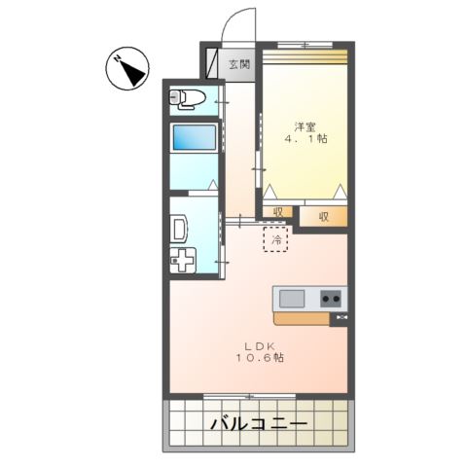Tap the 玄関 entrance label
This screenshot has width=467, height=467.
click(x=238, y=65)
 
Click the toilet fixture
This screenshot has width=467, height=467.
click(x=188, y=97)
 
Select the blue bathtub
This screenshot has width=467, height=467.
click(x=196, y=137)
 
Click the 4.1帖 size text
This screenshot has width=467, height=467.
click(x=305, y=140)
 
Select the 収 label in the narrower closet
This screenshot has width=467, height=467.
click(x=277, y=213)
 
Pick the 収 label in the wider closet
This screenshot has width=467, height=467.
click(x=322, y=216)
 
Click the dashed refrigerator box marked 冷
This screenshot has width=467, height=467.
click(x=276, y=239)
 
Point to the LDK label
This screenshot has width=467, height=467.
click(x=259, y=344)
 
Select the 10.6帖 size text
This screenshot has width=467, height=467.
click(x=259, y=358)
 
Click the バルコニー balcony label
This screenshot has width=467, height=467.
click(x=258, y=424)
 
